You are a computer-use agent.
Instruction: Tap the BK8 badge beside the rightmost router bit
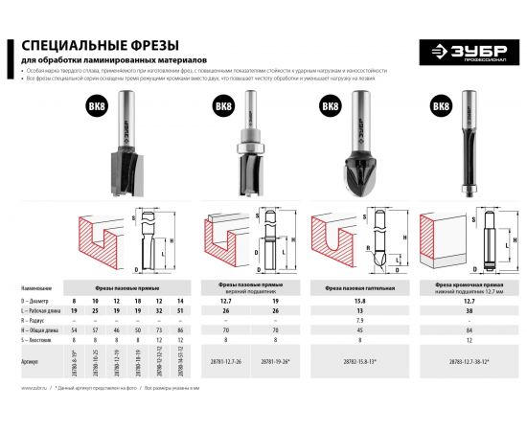[x=441, y=106]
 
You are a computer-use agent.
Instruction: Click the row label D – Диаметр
[x=35, y=302]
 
